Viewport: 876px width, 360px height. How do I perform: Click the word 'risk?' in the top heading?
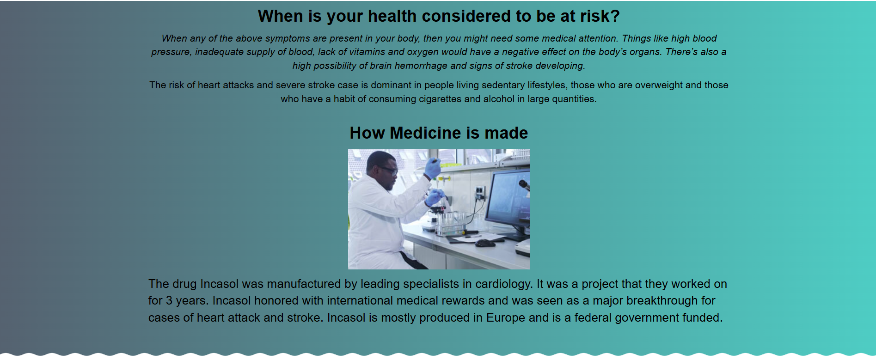tap(600, 16)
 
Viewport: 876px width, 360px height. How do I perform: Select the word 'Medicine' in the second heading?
tap(426, 133)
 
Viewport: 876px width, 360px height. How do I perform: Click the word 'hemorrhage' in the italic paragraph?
tap(421, 66)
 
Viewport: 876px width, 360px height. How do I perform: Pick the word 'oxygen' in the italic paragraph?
tap(423, 52)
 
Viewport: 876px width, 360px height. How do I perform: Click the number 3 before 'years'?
tap(169, 301)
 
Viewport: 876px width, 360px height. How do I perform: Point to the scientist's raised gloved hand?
tap(433, 168)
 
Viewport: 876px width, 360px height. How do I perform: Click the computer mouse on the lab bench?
tap(485, 243)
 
